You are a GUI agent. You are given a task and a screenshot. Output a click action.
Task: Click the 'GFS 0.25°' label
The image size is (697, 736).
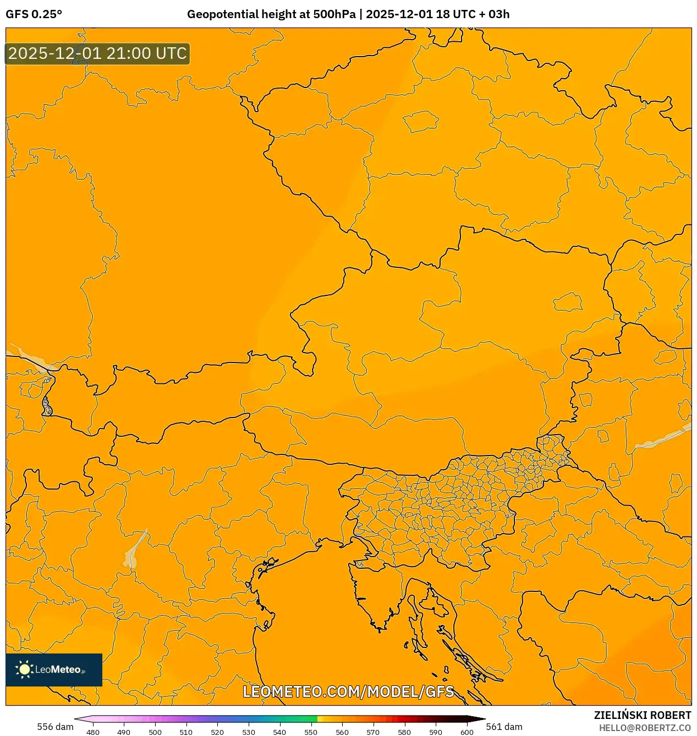34,14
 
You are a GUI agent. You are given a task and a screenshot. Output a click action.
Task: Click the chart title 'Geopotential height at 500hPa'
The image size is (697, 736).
271,14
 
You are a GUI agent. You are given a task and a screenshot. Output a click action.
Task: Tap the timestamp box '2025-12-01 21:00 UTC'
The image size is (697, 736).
97,54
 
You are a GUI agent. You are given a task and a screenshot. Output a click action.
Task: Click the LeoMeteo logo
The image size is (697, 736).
54,669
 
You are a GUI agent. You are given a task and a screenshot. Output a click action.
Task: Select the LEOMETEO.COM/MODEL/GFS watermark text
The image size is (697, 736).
348,691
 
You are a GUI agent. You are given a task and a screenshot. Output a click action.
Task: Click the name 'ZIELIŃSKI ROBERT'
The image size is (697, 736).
642,715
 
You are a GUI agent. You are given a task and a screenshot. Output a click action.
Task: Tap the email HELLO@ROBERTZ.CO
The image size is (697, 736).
645,728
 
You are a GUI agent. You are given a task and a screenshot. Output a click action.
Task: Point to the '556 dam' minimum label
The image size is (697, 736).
55,727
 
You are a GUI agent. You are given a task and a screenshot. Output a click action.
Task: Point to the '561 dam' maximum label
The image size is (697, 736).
504,727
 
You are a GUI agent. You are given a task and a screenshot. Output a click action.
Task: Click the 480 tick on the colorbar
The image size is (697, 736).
93,732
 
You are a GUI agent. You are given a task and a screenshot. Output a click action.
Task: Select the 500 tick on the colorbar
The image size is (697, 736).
155,732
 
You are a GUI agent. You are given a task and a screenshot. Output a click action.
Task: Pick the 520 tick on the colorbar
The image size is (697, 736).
217,732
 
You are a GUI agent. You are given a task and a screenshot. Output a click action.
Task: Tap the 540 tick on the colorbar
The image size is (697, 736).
279,732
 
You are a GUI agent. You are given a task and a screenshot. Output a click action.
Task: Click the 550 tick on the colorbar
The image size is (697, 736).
311,732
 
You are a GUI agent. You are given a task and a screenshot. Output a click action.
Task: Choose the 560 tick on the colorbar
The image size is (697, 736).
342,732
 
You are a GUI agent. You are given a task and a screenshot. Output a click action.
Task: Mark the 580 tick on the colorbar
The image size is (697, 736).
404,732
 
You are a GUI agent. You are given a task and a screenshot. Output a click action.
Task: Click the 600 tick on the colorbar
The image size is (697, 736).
467,732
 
